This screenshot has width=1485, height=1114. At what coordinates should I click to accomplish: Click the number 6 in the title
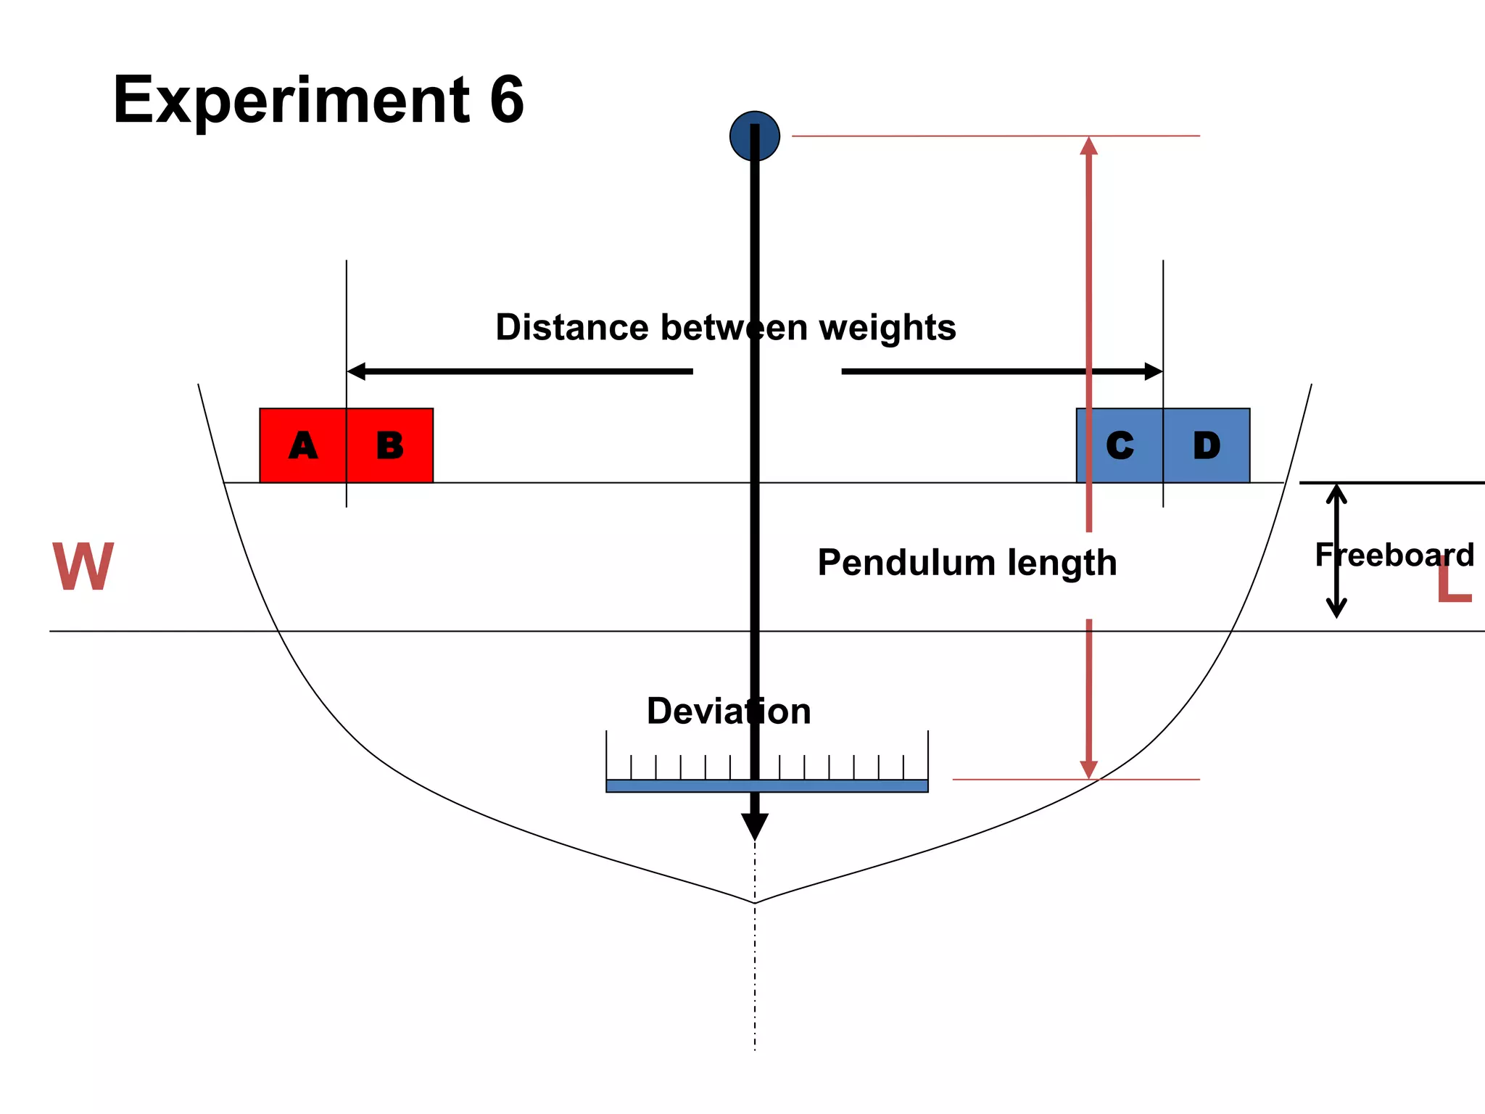pyautogui.click(x=506, y=100)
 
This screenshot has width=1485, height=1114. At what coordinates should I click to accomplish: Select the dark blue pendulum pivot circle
pyautogui.click(x=754, y=136)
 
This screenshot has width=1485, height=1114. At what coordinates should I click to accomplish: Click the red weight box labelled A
pyautogui.click(x=303, y=445)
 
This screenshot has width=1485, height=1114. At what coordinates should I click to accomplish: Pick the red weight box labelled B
pyautogui.click(x=390, y=445)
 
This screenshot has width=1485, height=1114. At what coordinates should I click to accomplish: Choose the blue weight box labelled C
pyautogui.click(x=1120, y=445)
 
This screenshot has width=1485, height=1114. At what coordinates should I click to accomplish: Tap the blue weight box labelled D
pyautogui.click(x=1207, y=445)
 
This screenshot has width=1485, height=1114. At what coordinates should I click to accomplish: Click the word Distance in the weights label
pyautogui.click(x=572, y=327)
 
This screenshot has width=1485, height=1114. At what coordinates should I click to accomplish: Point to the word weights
pyautogui.click(x=888, y=329)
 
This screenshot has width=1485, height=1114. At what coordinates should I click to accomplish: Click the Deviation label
pyautogui.click(x=728, y=711)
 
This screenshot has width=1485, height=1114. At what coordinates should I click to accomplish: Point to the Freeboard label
pyautogui.click(x=1394, y=556)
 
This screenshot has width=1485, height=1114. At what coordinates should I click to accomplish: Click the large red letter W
pyautogui.click(x=83, y=567)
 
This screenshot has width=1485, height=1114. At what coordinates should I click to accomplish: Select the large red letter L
pyautogui.click(x=1454, y=585)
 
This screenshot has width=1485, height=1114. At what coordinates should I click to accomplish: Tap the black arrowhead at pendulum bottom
pyautogui.click(x=754, y=825)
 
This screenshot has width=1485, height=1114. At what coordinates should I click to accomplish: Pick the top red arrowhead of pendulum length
pyautogui.click(x=1088, y=147)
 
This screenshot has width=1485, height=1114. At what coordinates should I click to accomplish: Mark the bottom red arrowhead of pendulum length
pyautogui.click(x=1088, y=769)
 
